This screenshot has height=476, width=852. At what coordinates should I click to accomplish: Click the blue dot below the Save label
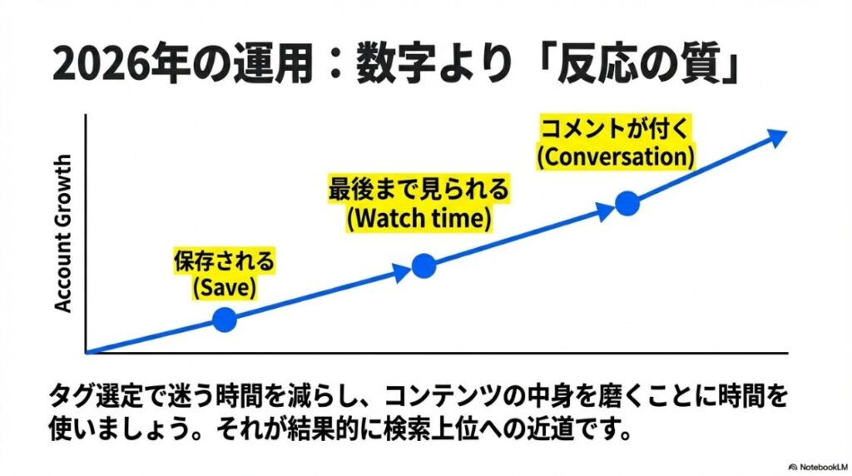click(225, 319)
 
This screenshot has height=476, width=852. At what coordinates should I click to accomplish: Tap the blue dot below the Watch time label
click(424, 265)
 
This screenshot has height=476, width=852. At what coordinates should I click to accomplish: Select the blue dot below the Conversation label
click(627, 203)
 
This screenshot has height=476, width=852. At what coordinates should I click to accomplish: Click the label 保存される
click(224, 263)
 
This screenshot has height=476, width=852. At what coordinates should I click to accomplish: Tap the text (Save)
click(224, 288)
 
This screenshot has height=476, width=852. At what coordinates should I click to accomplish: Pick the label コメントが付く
click(616, 128)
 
